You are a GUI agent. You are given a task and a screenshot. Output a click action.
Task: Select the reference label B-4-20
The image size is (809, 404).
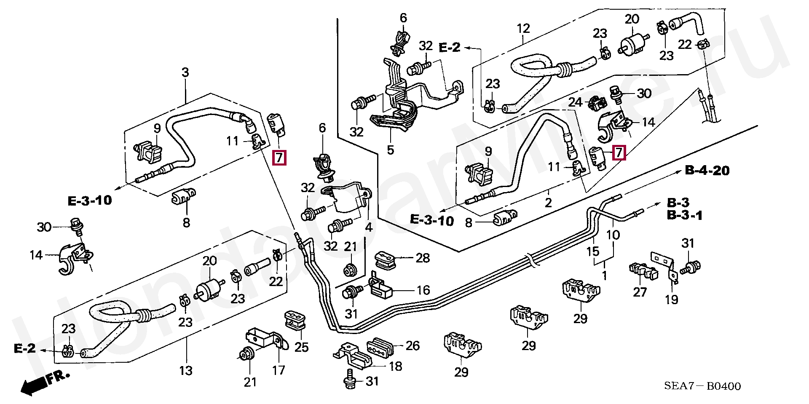707,171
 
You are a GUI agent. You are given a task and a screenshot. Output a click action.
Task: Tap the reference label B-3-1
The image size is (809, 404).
685,216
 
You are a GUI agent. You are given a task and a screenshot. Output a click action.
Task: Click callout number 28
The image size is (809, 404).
423,258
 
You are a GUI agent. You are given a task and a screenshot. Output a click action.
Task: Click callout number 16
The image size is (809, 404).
423,290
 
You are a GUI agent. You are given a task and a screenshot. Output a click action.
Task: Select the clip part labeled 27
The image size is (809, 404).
642,272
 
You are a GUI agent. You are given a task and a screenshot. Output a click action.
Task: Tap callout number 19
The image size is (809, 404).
672,300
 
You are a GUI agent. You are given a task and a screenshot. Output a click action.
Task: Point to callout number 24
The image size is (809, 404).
576,102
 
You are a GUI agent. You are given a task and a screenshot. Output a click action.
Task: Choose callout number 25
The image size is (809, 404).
302,347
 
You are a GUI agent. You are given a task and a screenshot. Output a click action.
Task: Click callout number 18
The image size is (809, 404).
395,366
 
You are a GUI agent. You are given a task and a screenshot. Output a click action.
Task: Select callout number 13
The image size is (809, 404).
186,371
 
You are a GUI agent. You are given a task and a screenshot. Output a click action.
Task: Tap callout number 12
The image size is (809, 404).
523,29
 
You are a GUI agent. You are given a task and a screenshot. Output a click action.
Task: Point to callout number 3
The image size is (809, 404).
185,72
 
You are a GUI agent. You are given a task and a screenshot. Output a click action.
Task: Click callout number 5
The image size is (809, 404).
391,150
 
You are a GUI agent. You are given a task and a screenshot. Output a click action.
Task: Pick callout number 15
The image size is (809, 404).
593,251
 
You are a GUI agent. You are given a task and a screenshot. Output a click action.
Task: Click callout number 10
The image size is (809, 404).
613,235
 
